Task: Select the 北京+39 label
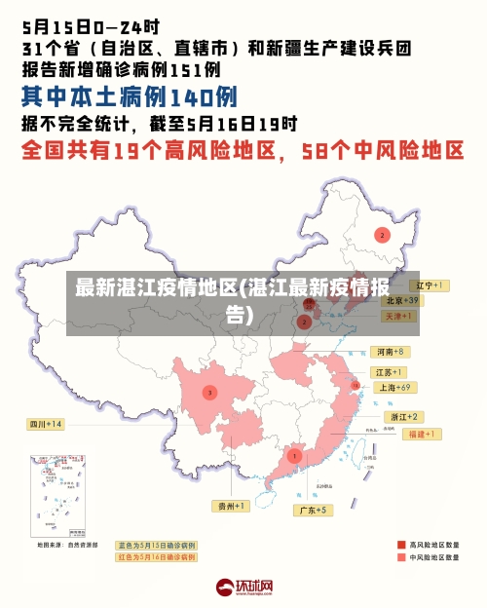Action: pos(400,300)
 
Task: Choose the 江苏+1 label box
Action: pos(389,372)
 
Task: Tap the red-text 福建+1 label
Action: pos(425,433)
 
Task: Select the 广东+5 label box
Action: pos(312,510)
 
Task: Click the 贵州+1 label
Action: pos(231,506)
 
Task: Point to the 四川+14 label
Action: pos(45,424)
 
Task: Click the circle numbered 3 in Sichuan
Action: pos(208,393)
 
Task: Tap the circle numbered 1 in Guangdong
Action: pos(294,455)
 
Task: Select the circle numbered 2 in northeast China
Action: pos(383,235)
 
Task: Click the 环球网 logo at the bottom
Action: pos(243,587)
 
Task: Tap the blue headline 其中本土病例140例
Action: pos(130,97)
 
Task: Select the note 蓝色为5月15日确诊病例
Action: pos(156,546)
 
